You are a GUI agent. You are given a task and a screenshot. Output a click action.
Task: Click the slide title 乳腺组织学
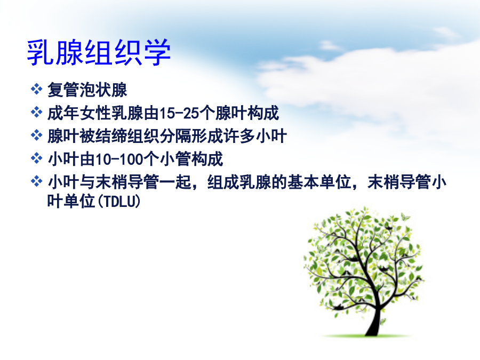click(99, 52)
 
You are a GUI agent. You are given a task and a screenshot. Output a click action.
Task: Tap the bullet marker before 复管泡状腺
click(36, 89)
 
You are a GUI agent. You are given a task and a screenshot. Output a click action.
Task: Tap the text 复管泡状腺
click(87, 90)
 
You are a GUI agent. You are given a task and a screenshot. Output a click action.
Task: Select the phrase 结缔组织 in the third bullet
click(126, 136)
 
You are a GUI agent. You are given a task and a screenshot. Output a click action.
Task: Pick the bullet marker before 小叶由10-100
click(36, 158)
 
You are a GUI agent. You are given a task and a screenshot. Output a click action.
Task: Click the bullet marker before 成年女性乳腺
click(36, 112)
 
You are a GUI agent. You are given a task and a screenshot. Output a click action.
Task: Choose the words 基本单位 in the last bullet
click(319, 182)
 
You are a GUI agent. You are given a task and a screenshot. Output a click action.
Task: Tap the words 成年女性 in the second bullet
click(79, 113)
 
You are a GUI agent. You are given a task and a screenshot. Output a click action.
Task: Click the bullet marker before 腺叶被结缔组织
click(36, 135)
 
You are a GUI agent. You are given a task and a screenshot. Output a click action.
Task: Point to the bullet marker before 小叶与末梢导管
click(36, 181)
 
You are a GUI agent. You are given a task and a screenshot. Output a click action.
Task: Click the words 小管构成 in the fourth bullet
click(191, 159)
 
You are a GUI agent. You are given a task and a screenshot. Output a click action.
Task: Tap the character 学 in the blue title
click(157, 52)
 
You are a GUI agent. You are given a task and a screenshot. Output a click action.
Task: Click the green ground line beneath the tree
click(367, 336)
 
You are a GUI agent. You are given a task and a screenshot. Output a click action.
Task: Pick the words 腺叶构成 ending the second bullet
click(247, 113)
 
